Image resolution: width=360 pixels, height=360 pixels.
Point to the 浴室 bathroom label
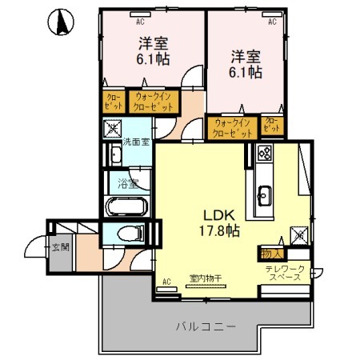127,183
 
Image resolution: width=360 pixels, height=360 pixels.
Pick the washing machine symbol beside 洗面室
113,127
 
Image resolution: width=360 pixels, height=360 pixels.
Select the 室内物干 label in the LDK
205,279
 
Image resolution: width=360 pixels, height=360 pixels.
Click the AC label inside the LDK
167,281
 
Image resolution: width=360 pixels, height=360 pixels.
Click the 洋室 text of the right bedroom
247,56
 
